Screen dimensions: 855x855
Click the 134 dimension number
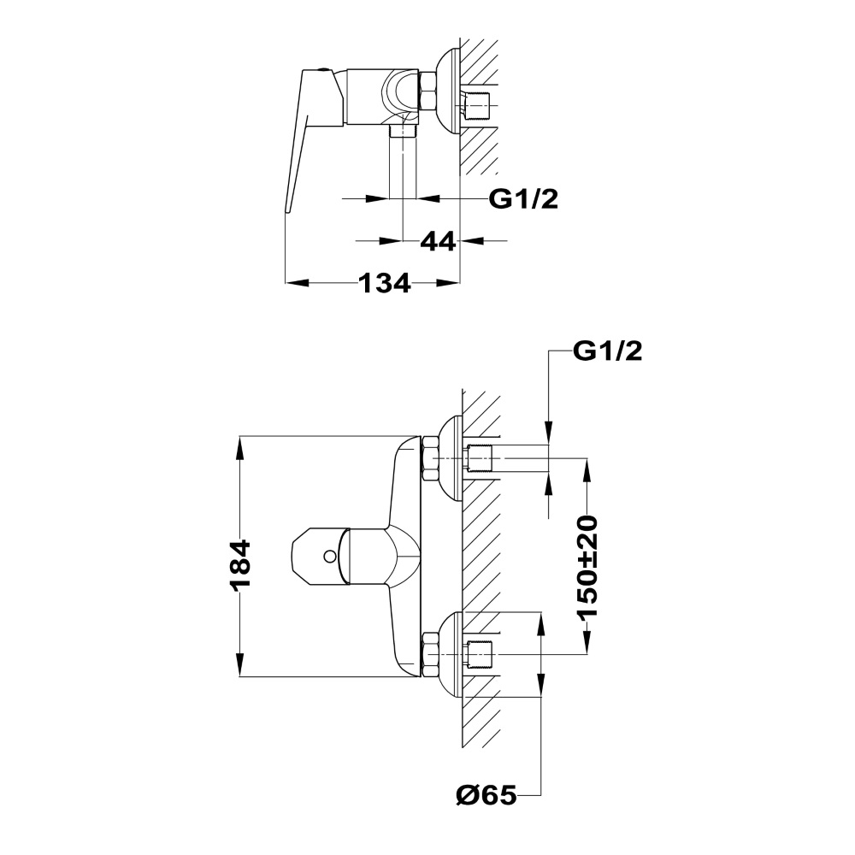pyautogui.click(x=385, y=283)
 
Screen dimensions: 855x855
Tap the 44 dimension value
pyautogui.click(x=438, y=241)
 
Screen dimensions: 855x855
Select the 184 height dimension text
pyautogui.click(x=240, y=565)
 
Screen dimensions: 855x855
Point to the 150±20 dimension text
pyautogui.click(x=588, y=566)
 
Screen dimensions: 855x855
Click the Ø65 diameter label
pyautogui.click(x=486, y=796)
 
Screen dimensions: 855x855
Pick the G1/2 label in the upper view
pyautogui.click(x=523, y=199)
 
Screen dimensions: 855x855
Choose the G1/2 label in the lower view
pyautogui.click(x=607, y=351)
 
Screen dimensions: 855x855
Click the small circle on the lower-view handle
pyautogui.click(x=329, y=557)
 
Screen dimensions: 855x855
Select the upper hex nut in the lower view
pyautogui.click(x=430, y=459)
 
